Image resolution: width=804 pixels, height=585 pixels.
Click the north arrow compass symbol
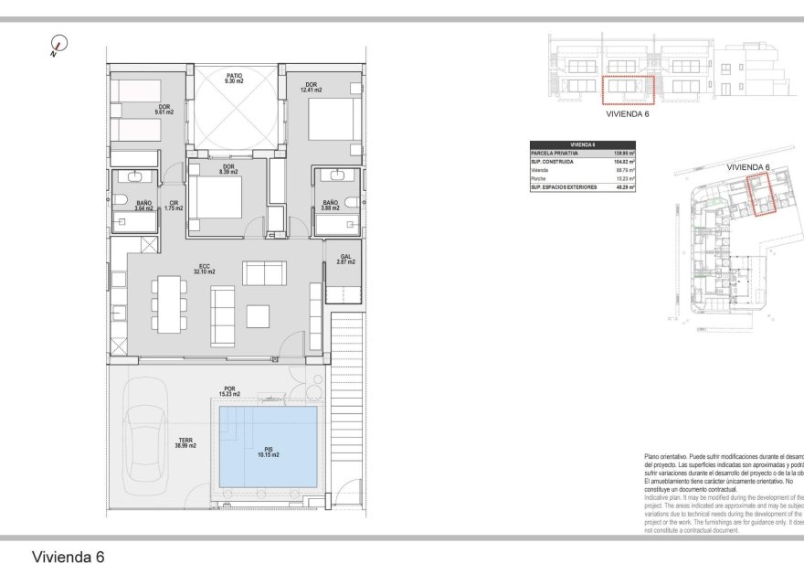tap(59, 44)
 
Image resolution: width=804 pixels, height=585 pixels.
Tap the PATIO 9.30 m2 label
tap(235, 79)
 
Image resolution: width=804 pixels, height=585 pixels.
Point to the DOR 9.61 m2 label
tap(164, 110)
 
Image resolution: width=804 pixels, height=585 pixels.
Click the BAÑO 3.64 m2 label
tap(143, 206)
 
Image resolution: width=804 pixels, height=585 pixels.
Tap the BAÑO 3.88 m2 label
tap(330, 205)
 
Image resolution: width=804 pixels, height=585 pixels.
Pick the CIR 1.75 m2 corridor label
tap(173, 206)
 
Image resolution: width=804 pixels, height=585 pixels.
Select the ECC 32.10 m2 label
tap(206, 270)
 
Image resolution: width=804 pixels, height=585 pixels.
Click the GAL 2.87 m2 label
tap(344, 260)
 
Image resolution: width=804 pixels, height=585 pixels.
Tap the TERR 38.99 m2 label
tap(185, 443)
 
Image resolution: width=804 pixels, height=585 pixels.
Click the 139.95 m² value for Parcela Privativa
tap(623, 153)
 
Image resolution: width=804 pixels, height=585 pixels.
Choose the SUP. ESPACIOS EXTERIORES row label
tap(564, 186)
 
